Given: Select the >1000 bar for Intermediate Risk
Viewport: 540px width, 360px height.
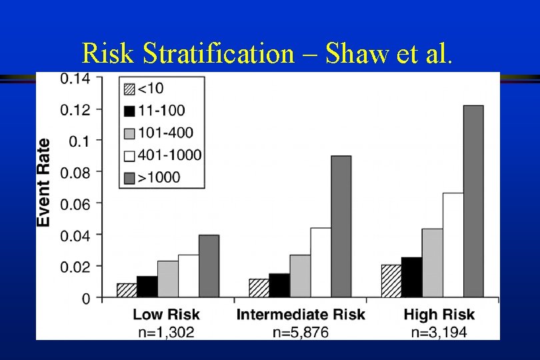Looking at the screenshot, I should pyautogui.click(x=341, y=227).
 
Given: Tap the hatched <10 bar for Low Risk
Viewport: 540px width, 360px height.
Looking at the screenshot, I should pyautogui.click(x=127, y=290).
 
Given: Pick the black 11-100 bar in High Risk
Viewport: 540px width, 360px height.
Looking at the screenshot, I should pyautogui.click(x=411, y=277).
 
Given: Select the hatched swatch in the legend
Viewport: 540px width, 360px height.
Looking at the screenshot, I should pyautogui.click(x=129, y=88).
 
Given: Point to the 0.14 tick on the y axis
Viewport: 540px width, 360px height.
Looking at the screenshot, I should pyautogui.click(x=75, y=78).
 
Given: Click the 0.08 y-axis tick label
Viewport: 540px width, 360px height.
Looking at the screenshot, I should pyautogui.click(x=75, y=171).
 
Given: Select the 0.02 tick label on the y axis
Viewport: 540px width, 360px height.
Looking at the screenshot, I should pyautogui.click(x=75, y=266).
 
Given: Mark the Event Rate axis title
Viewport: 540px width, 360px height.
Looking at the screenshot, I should pyautogui.click(x=44, y=181).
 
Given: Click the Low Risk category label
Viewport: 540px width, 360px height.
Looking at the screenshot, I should pyautogui.click(x=166, y=315).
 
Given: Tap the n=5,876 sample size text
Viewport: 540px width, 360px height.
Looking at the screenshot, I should pyautogui.click(x=300, y=331).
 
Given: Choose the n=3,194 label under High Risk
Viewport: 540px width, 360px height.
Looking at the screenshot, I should pyautogui.click(x=439, y=331).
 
